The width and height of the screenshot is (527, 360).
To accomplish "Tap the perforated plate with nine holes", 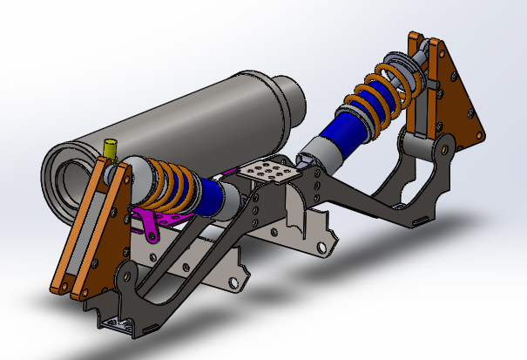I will coord(269,171).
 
